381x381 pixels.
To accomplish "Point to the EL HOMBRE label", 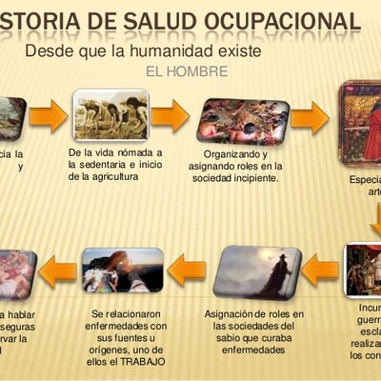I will pos(187,71).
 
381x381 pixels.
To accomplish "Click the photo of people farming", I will pos(112,115).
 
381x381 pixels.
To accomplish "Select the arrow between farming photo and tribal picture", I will pos(170,117).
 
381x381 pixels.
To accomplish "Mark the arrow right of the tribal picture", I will pos(310,118).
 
